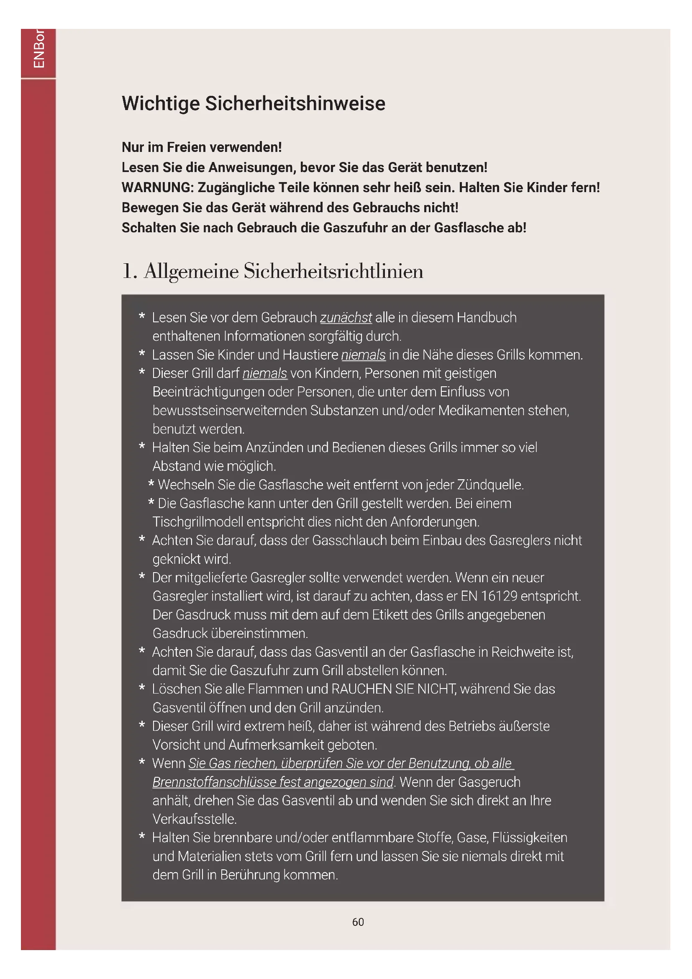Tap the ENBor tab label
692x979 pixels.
[39, 49]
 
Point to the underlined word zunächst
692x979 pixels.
[346, 318]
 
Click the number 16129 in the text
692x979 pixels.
[499, 596]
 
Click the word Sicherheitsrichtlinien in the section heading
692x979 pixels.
[333, 271]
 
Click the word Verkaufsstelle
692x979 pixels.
[194, 819]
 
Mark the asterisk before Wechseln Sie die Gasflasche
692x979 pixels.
[151, 484]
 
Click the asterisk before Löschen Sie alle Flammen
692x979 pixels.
[142, 688]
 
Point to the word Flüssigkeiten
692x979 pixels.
[530, 838]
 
